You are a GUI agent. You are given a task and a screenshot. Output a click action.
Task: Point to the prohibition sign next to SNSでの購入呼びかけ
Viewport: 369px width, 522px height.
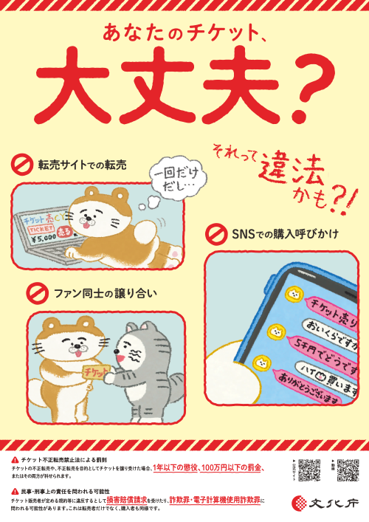[x=215, y=235]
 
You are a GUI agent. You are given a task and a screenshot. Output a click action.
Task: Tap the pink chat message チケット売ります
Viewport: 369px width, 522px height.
[x=331, y=306]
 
